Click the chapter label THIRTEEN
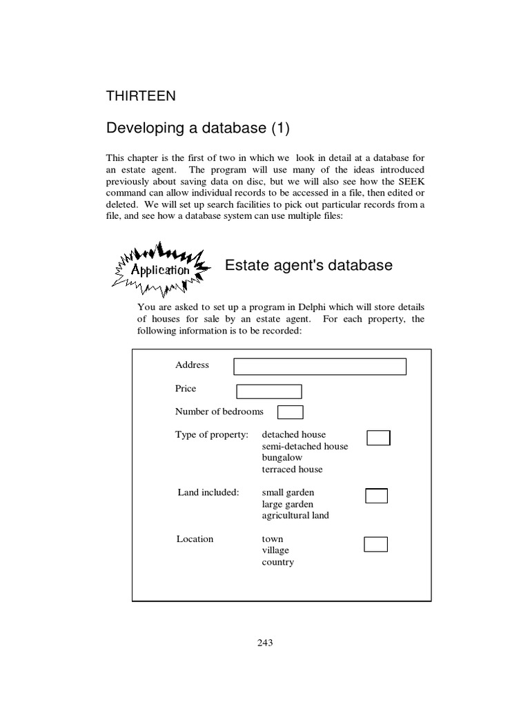tap(140, 96)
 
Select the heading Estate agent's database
tap(309, 264)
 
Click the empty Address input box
tap(320, 366)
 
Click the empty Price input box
tap(268, 391)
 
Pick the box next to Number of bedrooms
tap(290, 412)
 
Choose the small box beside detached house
tap(378, 438)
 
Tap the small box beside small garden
tap(375, 496)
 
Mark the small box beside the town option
tap(375, 544)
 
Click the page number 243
tap(265, 643)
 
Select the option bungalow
tap(282, 457)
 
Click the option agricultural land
tap(295, 515)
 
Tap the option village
tap(275, 550)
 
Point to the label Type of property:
tap(211, 434)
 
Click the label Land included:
tap(208, 492)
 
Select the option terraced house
tap(292, 469)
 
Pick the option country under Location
tap(277, 562)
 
